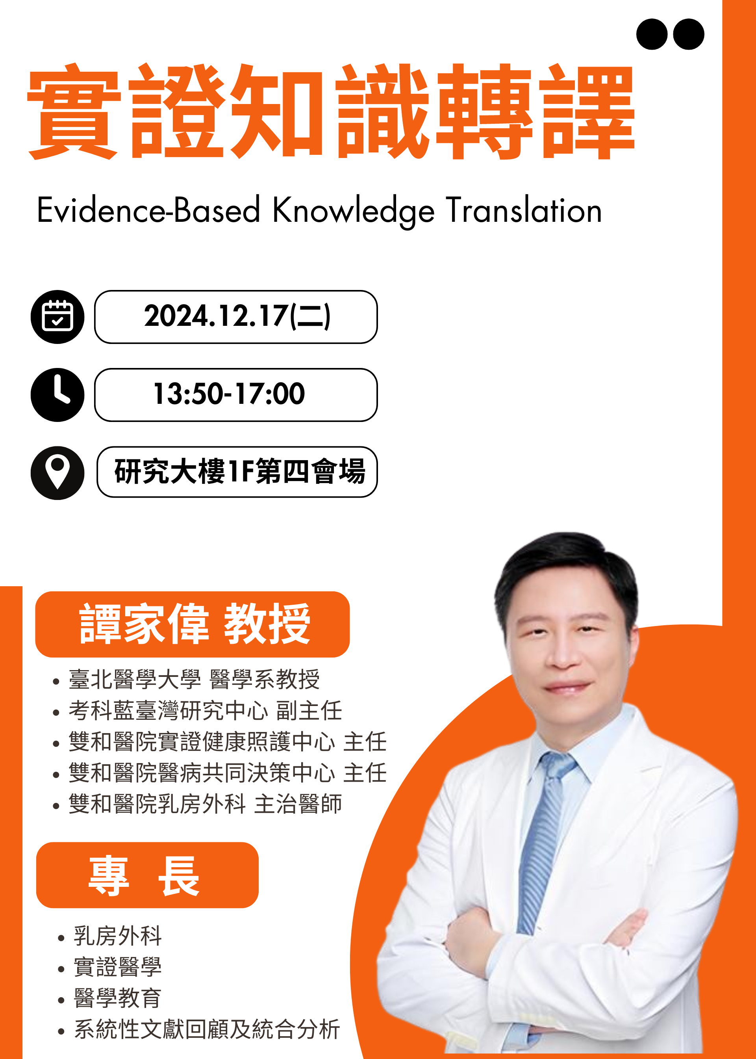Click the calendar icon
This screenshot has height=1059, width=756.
[x=57, y=317]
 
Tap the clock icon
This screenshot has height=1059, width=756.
[x=57, y=395]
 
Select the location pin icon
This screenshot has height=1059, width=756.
[x=57, y=473]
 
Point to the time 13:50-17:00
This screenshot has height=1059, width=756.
[x=229, y=394]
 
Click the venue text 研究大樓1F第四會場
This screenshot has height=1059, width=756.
[x=240, y=471]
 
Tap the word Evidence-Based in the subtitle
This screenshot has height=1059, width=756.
[x=148, y=210]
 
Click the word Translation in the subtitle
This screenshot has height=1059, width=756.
[x=524, y=210]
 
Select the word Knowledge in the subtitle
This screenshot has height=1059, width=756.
[x=353, y=212]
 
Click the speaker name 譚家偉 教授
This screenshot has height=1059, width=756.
[x=195, y=624]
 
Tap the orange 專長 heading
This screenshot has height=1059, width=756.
[x=144, y=876]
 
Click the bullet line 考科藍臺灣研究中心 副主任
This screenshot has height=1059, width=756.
[x=205, y=711]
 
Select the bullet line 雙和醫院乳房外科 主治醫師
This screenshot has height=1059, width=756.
[x=205, y=804]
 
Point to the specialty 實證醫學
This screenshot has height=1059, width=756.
[x=118, y=967]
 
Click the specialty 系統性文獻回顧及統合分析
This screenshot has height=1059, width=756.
[x=207, y=1029]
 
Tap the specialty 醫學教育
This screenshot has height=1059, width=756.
[x=118, y=998]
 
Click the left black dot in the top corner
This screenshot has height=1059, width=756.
[x=652, y=34]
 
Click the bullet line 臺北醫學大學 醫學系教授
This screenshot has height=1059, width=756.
[x=194, y=680]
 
